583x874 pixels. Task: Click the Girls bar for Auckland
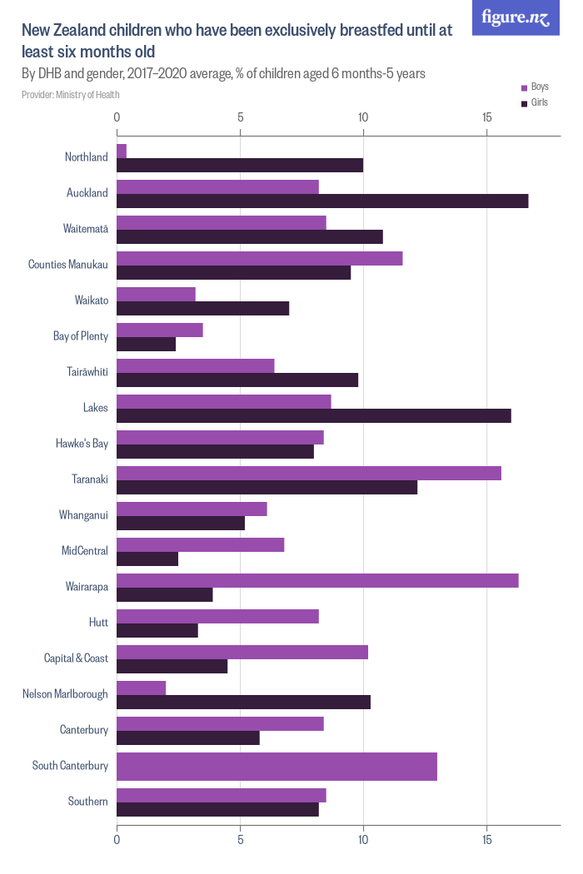click(x=322, y=201)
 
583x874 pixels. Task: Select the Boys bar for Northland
click(x=122, y=151)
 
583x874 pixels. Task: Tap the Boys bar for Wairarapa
click(x=317, y=580)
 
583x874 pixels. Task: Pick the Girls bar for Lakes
click(x=314, y=415)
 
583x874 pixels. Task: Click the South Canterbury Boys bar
click(x=277, y=766)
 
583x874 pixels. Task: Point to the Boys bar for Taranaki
click(x=309, y=473)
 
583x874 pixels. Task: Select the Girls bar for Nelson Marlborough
click(x=243, y=702)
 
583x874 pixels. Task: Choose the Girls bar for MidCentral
click(x=147, y=559)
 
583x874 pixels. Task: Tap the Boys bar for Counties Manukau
click(x=260, y=258)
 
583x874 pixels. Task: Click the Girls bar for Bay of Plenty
click(x=147, y=344)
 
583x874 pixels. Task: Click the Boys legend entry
click(x=535, y=87)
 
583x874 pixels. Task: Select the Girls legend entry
click(x=535, y=103)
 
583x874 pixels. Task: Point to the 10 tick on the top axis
click(x=363, y=117)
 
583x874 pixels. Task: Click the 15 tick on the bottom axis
click(x=486, y=840)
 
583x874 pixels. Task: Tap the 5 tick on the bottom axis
click(x=240, y=840)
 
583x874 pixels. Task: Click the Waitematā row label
click(x=86, y=229)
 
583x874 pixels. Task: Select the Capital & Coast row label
click(x=76, y=658)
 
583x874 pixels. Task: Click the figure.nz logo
click(x=516, y=17)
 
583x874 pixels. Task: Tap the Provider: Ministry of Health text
click(x=71, y=94)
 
